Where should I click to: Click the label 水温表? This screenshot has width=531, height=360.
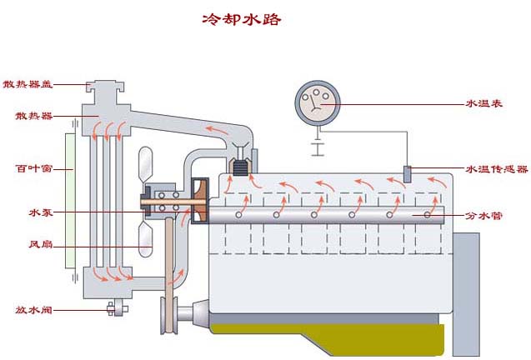click(483, 104)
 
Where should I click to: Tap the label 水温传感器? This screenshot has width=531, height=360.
click(497, 169)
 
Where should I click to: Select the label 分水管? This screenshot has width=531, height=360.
click(483, 215)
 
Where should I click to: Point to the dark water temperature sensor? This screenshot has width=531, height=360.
click(408, 174)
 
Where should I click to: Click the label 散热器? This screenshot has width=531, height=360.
click(28, 115)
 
